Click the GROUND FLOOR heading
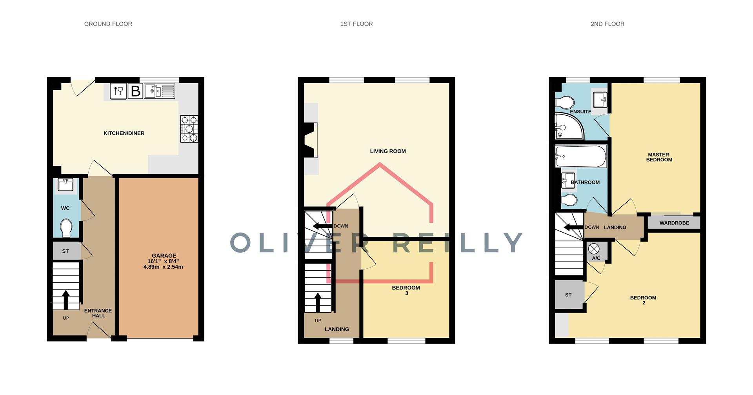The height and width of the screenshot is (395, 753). click(108, 24)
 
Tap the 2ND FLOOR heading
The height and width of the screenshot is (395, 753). click(607, 24)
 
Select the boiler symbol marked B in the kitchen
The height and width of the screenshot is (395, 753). click(135, 91)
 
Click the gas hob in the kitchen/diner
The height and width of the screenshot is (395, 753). click(189, 129)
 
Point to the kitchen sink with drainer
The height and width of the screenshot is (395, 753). click(159, 91)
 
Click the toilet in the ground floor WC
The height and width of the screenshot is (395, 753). click(66, 228)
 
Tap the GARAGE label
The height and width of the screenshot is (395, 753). click(164, 256)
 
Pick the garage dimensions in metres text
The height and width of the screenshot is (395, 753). click(163, 267)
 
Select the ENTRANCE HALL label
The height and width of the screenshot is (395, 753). click(98, 313)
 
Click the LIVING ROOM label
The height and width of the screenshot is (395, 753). click(387, 151)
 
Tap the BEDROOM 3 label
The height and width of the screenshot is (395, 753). click(406, 290)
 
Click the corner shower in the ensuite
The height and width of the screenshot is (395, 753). click(568, 126)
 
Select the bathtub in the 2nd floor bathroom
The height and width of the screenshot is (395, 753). click(580, 156)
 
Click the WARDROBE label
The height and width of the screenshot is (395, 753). click(674, 223)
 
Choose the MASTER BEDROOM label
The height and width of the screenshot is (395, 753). click(659, 157)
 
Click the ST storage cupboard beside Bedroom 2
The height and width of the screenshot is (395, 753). click(568, 295)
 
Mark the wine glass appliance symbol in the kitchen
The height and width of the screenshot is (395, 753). click(118, 91)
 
